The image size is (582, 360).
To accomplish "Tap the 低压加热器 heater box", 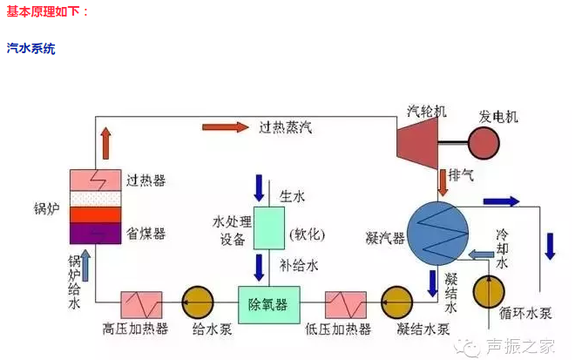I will tap(344, 304).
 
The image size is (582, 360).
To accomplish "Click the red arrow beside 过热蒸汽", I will tap(224, 127).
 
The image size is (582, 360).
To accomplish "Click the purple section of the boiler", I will tap(95, 234).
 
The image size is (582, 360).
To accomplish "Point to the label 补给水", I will tap(297, 260).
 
